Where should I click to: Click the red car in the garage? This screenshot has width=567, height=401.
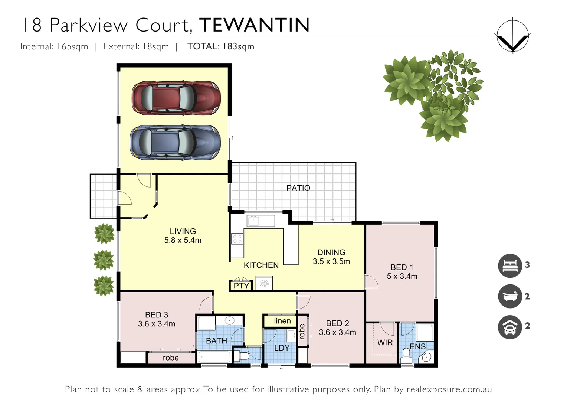176,98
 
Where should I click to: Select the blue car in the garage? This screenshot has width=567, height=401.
175,143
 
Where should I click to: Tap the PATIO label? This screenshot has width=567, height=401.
298,188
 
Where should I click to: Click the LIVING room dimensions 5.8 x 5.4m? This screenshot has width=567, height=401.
183,241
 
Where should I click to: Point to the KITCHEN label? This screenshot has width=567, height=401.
261,265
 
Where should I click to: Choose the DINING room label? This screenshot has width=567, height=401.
331,252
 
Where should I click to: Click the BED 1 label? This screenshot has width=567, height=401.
402,267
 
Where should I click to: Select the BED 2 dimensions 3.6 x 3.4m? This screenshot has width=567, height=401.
337,333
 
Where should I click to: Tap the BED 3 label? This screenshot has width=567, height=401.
156,315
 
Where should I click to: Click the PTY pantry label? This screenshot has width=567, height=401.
241,286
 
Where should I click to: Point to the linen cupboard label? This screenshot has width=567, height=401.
282,321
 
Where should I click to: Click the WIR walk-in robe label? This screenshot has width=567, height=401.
385,343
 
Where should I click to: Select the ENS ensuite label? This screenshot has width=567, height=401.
417,346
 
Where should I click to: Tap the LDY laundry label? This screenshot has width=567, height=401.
282,348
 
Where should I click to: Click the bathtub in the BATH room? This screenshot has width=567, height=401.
215,358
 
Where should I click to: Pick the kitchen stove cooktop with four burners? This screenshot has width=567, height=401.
237,239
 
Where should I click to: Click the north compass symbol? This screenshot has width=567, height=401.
512,36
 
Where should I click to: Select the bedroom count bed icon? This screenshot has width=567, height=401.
510,265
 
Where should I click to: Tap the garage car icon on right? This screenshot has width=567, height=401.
510,326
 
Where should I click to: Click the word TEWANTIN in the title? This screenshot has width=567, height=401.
254,25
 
